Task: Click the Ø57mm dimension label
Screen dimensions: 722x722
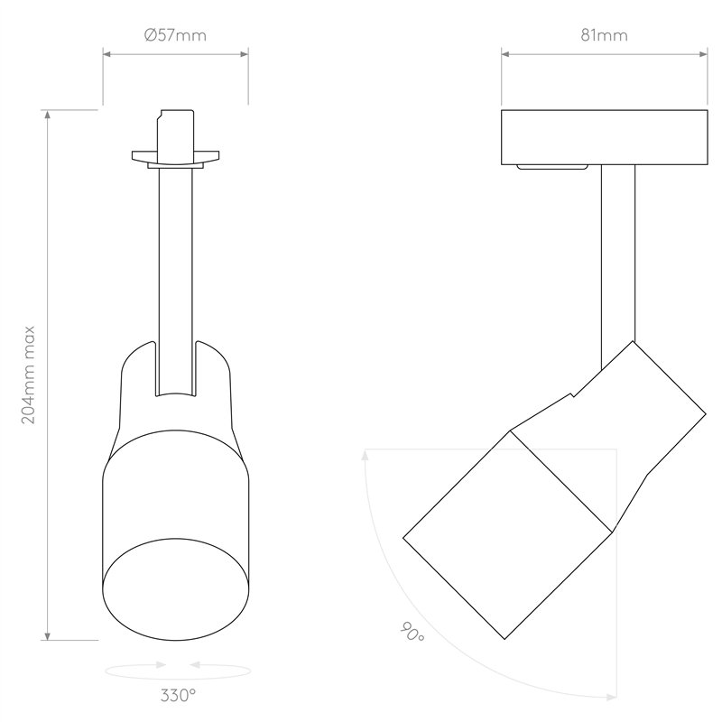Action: tap(175, 35)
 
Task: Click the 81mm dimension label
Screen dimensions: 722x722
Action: tap(604, 35)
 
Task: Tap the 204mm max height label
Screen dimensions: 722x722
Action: tap(29, 375)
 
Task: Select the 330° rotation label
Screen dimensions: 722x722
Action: tap(178, 695)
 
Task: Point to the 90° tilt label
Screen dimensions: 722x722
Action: tap(412, 632)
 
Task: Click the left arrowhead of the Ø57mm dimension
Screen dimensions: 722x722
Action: tap(106, 54)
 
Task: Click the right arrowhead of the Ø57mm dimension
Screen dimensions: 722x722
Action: tap(244, 54)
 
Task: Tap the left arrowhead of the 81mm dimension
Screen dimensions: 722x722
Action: tap(505, 54)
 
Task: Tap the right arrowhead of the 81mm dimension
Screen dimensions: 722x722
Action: tap(703, 54)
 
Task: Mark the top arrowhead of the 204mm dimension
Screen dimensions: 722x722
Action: tap(47, 115)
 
